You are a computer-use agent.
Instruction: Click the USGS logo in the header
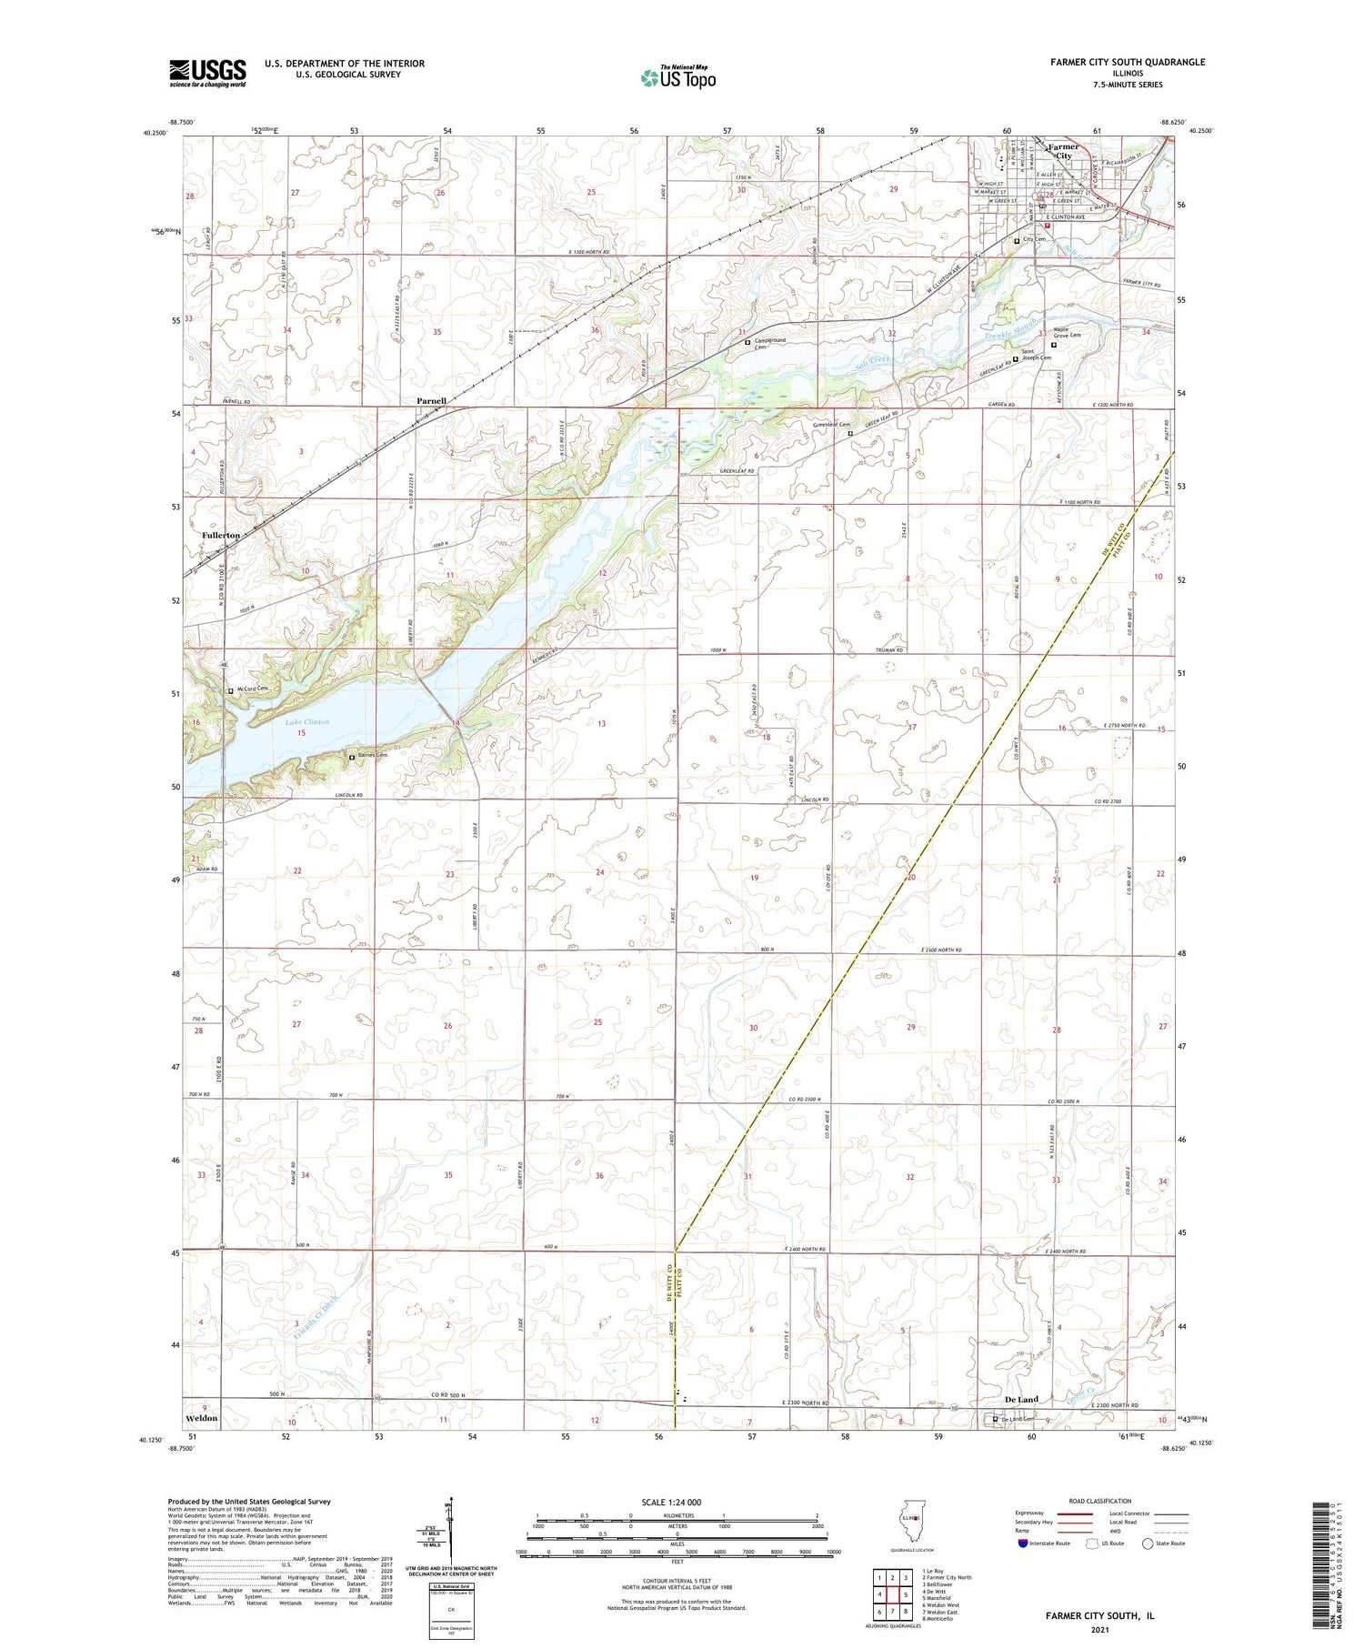(x=207, y=73)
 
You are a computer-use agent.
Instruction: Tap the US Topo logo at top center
(x=678, y=77)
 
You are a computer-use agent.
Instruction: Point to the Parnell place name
(x=431, y=401)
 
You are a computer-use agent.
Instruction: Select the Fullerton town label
(x=221, y=536)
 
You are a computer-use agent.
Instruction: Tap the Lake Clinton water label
(x=307, y=722)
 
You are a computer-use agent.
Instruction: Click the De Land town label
(x=1021, y=1400)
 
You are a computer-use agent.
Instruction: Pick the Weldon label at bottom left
(x=201, y=1418)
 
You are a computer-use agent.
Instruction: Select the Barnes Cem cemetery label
(x=370, y=756)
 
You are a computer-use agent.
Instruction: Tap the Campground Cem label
(x=769, y=344)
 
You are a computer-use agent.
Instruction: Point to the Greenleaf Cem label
(x=831, y=425)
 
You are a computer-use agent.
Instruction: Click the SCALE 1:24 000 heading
(x=671, y=1502)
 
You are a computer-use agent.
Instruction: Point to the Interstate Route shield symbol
(x=1023, y=1543)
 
